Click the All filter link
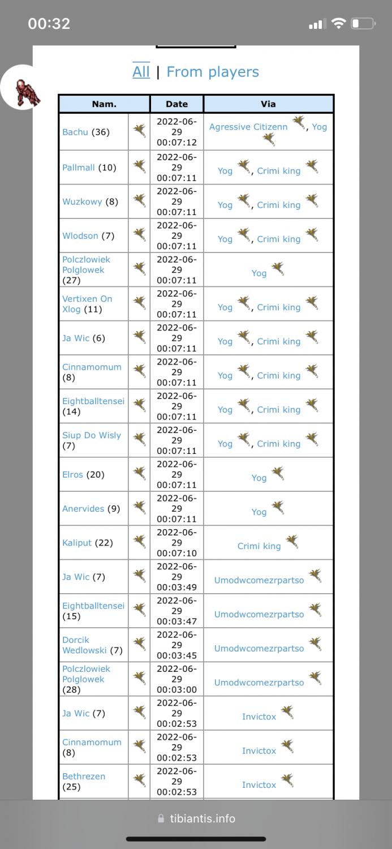141,72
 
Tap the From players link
213,72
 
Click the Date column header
176,104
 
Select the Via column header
268,104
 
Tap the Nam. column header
104,104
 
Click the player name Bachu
75,132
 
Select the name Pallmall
79,168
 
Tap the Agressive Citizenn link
248,127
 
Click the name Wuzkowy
82,201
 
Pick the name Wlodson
80,235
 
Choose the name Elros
72,474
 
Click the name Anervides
83,508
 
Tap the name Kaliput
77,543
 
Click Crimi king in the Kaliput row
259,546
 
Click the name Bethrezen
84,776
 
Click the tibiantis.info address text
203,818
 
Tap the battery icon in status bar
363,24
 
